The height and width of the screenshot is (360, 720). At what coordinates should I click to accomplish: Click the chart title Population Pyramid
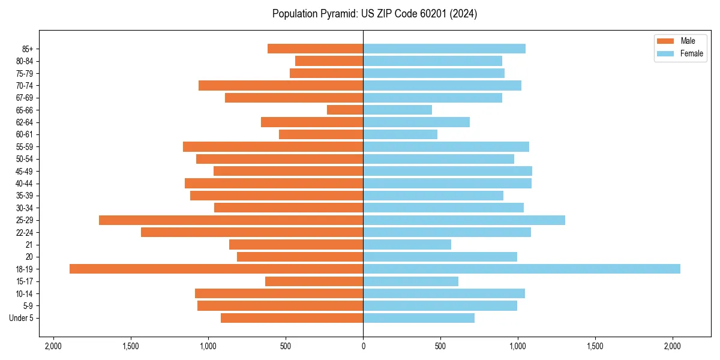tap(374, 14)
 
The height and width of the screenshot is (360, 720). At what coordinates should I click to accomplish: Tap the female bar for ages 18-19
tap(521, 269)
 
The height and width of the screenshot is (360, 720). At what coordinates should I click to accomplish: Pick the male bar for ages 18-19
tap(216, 269)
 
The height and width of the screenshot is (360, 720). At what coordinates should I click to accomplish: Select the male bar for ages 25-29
tap(231, 220)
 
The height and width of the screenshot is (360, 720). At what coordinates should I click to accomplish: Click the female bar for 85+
tap(444, 49)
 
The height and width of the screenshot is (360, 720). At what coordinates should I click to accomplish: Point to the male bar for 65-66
tap(345, 110)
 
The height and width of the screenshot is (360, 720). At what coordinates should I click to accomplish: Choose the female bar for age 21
tap(407, 244)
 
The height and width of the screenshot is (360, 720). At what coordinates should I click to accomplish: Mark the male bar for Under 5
tap(292, 318)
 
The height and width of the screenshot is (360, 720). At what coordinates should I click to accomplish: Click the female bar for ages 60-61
tap(400, 134)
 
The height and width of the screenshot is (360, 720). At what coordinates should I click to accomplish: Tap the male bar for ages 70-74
tap(281, 85)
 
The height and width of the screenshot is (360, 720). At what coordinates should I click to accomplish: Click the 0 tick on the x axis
tap(363, 346)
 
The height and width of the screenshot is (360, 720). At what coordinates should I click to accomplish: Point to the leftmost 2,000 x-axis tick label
tap(53, 346)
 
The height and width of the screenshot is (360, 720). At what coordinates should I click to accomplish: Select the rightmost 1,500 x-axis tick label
tap(595, 346)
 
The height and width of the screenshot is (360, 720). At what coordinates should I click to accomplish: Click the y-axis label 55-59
tap(25, 147)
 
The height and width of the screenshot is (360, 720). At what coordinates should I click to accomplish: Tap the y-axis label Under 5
tap(21, 318)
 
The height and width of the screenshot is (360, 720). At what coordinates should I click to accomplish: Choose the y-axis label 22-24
tap(25, 232)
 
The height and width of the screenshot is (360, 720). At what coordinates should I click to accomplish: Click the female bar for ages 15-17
tap(410, 281)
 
